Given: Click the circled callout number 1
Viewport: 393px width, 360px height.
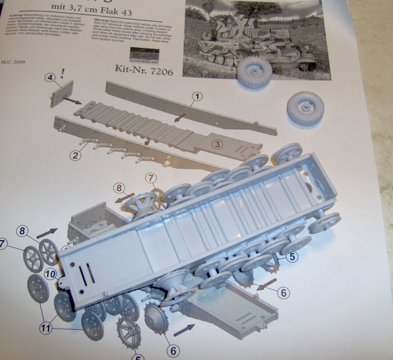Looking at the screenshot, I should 196,96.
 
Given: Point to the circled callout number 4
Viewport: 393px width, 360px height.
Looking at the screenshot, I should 49,78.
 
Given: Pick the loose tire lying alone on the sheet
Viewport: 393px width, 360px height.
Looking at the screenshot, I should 305,109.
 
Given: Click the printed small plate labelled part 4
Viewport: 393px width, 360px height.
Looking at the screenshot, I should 61,93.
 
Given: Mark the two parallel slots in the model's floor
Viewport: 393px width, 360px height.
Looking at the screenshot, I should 86,276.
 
